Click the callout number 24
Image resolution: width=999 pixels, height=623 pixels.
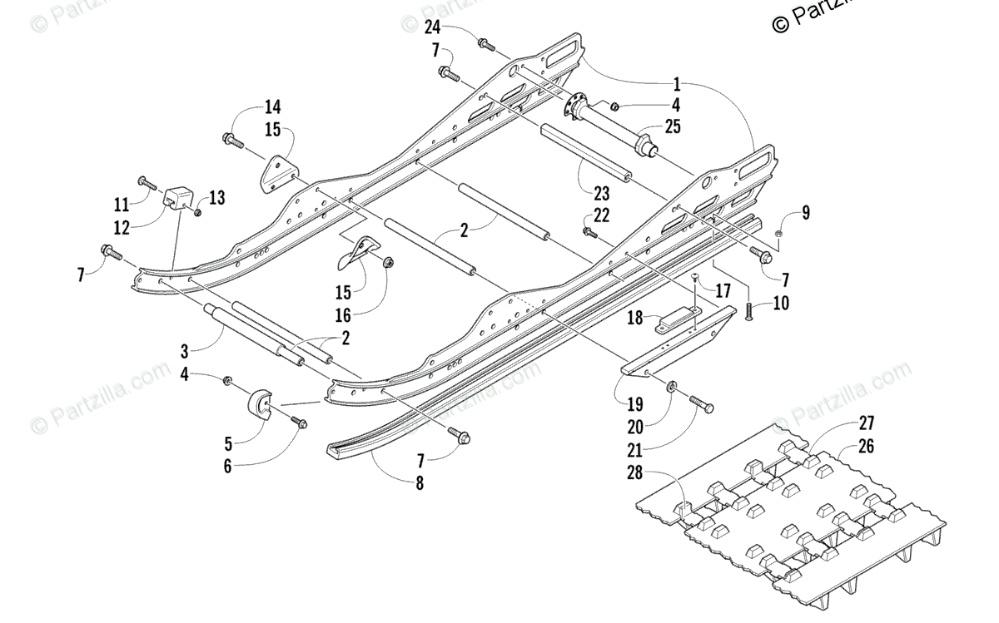pos(432,27)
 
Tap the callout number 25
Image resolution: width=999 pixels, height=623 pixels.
pos(673,127)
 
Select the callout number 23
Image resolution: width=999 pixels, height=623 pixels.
pos(601,194)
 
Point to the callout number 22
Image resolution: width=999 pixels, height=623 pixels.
pos(601,215)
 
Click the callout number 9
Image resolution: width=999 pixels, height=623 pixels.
pos(806,213)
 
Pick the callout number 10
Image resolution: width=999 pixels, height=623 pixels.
pos(781,304)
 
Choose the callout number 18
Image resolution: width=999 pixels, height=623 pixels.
pos(635,319)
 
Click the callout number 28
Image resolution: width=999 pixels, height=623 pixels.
pos(635,472)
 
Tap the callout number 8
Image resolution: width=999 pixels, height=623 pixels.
pos(420,483)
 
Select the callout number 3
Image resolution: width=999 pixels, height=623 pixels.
pos(185,352)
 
